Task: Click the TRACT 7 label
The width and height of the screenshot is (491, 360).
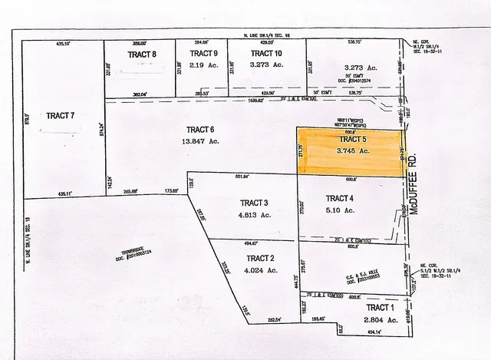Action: [60, 116]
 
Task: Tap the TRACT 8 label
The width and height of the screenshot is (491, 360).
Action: [143, 54]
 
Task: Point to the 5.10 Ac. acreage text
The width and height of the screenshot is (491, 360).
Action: [341, 210]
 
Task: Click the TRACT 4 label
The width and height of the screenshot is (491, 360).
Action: [341, 198]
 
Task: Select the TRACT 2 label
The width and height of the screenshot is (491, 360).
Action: [261, 259]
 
